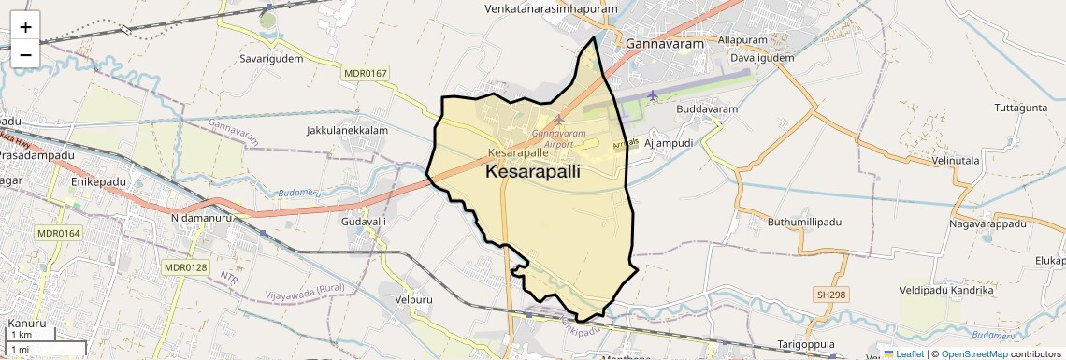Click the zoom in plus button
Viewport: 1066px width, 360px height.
tap(25, 27)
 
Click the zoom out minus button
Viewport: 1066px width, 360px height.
tap(25, 54)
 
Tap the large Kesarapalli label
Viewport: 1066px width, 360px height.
tap(533, 172)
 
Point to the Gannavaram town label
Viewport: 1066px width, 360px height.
tap(657, 43)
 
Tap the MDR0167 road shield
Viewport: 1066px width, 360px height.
tap(365, 73)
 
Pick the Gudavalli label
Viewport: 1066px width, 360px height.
tap(364, 222)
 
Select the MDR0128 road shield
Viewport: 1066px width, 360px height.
tap(185, 267)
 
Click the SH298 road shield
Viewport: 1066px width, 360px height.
tap(830, 295)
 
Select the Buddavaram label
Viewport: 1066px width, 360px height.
tap(707, 109)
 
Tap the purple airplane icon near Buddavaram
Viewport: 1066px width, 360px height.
tap(652, 95)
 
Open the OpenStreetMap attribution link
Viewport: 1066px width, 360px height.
tap(974, 353)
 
